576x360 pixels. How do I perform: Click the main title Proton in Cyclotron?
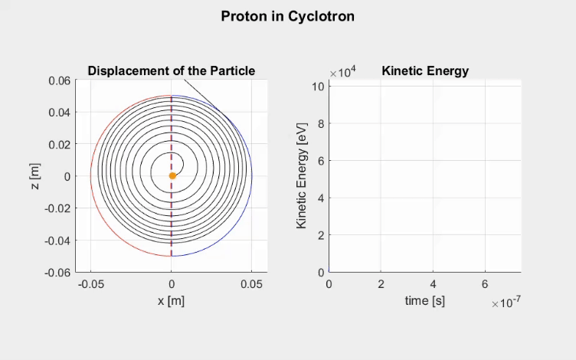point(287,16)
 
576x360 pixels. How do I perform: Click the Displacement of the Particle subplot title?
point(171,70)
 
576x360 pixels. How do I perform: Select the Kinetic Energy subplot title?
point(425,71)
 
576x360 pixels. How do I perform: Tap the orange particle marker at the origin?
point(172,176)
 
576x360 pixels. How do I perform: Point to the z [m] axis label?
point(34,176)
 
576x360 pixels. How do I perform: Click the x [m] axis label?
point(171,301)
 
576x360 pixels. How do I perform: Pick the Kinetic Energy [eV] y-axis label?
point(302,175)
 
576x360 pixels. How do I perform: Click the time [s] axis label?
point(424,301)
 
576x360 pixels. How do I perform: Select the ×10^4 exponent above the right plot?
point(342,72)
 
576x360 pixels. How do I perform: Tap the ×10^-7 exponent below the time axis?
point(506,304)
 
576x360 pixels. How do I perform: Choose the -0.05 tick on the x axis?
point(91,284)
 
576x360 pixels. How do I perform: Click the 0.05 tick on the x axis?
point(252,284)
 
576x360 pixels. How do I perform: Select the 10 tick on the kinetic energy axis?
point(317,86)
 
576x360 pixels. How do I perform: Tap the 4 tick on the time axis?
point(433,284)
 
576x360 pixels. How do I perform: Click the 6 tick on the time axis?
point(485,284)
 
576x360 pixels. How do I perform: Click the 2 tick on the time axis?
point(381,284)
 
